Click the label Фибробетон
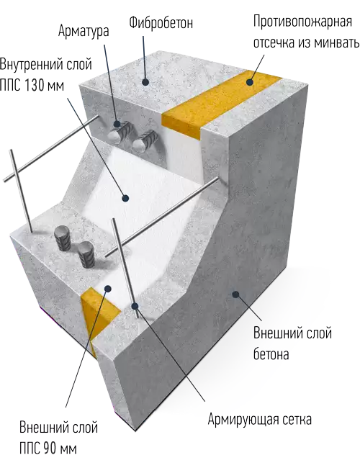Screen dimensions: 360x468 (161, 23)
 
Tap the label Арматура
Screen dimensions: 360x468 (84, 31)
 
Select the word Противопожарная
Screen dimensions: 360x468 (302, 22)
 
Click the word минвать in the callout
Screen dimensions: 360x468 (337, 43)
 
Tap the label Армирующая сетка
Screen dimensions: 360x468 (259, 419)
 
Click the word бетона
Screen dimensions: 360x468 (271, 354)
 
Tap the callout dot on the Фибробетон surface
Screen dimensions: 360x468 (145, 81)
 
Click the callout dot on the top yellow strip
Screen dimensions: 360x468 (250, 82)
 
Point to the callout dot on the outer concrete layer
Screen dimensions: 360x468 (236, 294)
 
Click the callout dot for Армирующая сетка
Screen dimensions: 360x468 (135, 306)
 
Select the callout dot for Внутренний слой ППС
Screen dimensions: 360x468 (126, 198)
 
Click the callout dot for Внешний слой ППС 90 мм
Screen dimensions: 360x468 (108, 289)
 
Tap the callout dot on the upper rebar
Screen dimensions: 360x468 (117, 124)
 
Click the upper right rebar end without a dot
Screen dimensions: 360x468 (145, 141)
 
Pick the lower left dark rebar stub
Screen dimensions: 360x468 (63, 238)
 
